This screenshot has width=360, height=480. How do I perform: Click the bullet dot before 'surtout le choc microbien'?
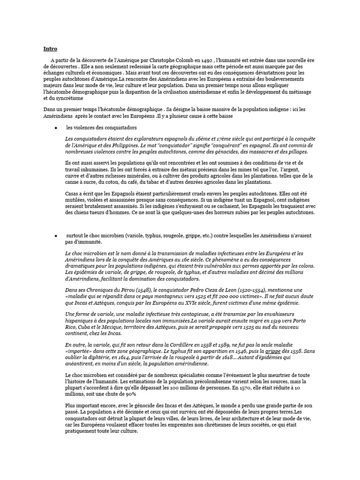56,235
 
